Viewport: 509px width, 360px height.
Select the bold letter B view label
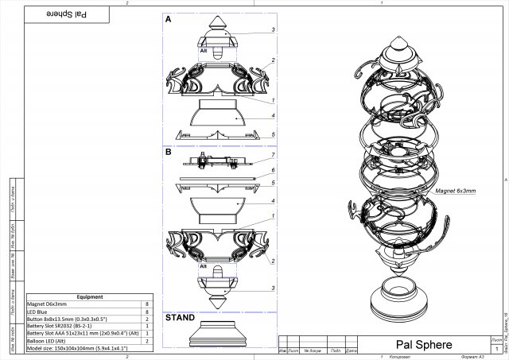click(x=168, y=151)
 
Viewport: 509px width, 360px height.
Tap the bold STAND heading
click(x=179, y=318)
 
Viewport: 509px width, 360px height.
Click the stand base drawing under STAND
click(x=220, y=338)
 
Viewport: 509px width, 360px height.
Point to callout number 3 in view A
click(x=273, y=29)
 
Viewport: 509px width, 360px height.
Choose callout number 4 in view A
click(x=273, y=115)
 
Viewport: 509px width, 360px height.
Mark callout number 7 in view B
click(x=273, y=154)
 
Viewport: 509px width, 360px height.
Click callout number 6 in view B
click(x=273, y=170)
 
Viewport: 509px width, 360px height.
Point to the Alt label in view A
click(x=204, y=49)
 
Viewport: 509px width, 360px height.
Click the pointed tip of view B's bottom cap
click(x=220, y=308)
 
